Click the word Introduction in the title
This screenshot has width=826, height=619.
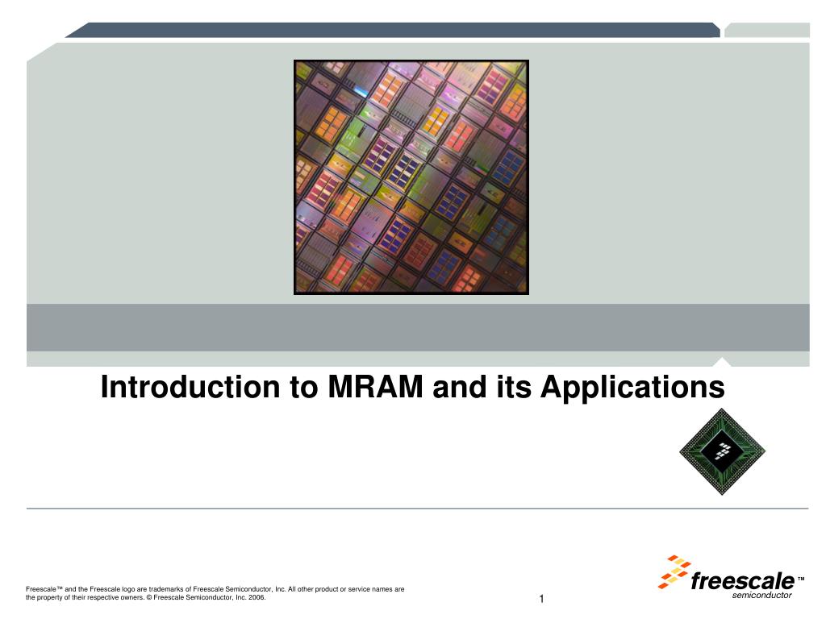(190, 387)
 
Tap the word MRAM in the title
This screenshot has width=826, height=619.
(375, 387)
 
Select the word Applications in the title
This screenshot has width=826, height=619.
(632, 388)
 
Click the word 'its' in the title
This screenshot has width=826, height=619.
(514, 387)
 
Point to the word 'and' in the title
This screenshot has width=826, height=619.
(460, 387)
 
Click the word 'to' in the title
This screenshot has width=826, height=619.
(304, 388)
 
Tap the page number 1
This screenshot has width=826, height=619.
(541, 599)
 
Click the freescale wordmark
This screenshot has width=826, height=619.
(742, 581)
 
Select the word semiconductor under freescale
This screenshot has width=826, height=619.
(761, 596)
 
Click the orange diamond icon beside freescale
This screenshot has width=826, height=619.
(674, 571)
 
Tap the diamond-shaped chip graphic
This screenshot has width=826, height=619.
(722, 451)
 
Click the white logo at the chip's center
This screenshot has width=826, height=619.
(722, 451)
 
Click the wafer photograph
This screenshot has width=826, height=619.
(411, 177)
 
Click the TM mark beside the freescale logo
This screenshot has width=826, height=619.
(801, 579)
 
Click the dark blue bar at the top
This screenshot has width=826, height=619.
(393, 30)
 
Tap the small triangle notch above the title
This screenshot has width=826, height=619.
(722, 362)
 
